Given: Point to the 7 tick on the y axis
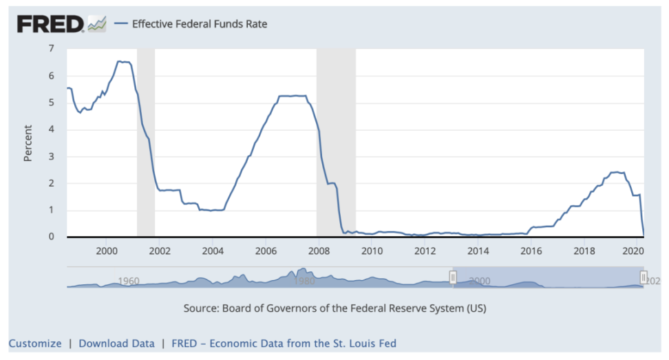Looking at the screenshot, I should pyautogui.click(x=51, y=49).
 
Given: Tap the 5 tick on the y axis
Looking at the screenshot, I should pyautogui.click(x=51, y=103).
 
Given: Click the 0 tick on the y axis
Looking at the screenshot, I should pyautogui.click(x=51, y=237).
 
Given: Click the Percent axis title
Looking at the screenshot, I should pyautogui.click(x=28, y=143).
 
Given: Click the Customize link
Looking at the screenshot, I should pyautogui.click(x=35, y=343).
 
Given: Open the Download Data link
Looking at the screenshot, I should pyautogui.click(x=116, y=343).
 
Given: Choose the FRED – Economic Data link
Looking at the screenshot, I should pyautogui.click(x=284, y=343).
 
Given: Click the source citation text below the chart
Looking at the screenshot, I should pyautogui.click(x=334, y=308).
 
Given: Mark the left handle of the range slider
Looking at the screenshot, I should pyautogui.click(x=453, y=277).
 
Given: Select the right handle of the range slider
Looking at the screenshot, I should pyautogui.click(x=644, y=277).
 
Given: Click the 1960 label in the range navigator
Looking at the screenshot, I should pyautogui.click(x=129, y=281).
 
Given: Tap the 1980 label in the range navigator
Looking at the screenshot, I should pyautogui.click(x=304, y=281).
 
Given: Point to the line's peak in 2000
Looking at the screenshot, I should pyautogui.click(x=120, y=61).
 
